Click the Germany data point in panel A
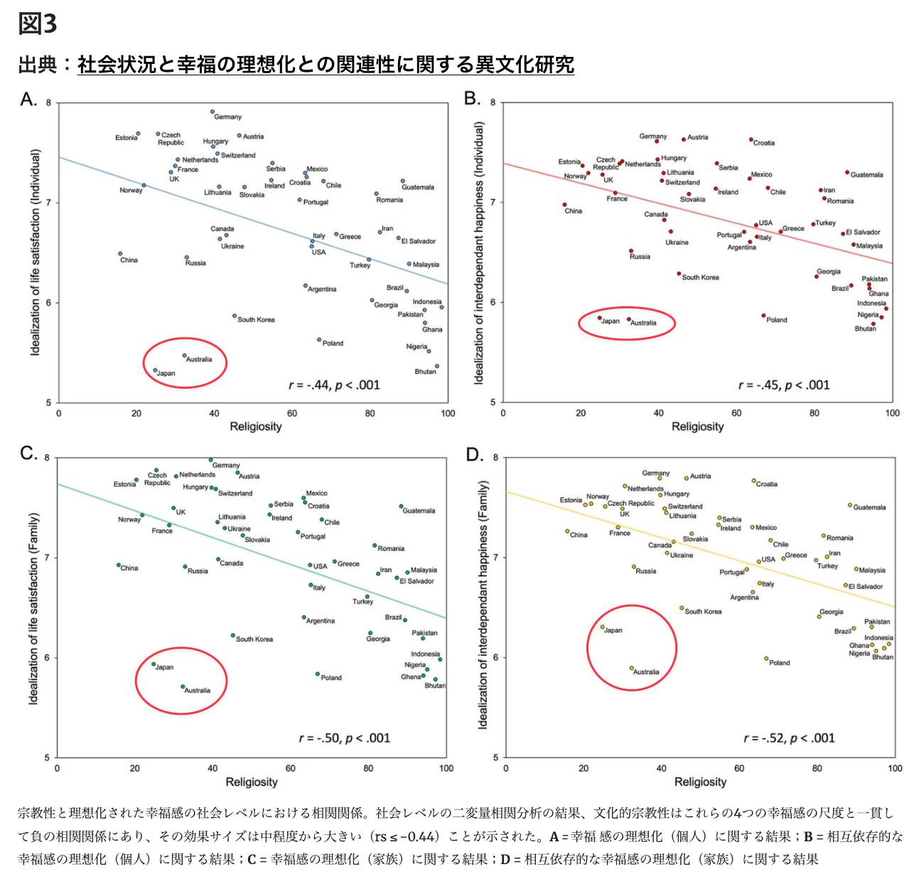(x=213, y=112)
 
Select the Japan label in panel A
(x=166, y=373)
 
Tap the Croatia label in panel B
(x=764, y=143)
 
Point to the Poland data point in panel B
(x=763, y=316)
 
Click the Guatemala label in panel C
(x=419, y=510)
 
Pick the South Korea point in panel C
(x=232, y=635)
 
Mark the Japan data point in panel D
(x=602, y=627)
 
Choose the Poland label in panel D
(x=779, y=662)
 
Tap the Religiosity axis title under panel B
(x=697, y=426)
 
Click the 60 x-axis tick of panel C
(x=290, y=768)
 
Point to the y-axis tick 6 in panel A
(x=49, y=303)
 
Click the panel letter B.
(x=472, y=98)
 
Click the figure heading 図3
(x=38, y=23)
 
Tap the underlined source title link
(x=326, y=65)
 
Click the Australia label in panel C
(x=198, y=690)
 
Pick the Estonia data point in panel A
(x=138, y=134)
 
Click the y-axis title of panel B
(x=478, y=253)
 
